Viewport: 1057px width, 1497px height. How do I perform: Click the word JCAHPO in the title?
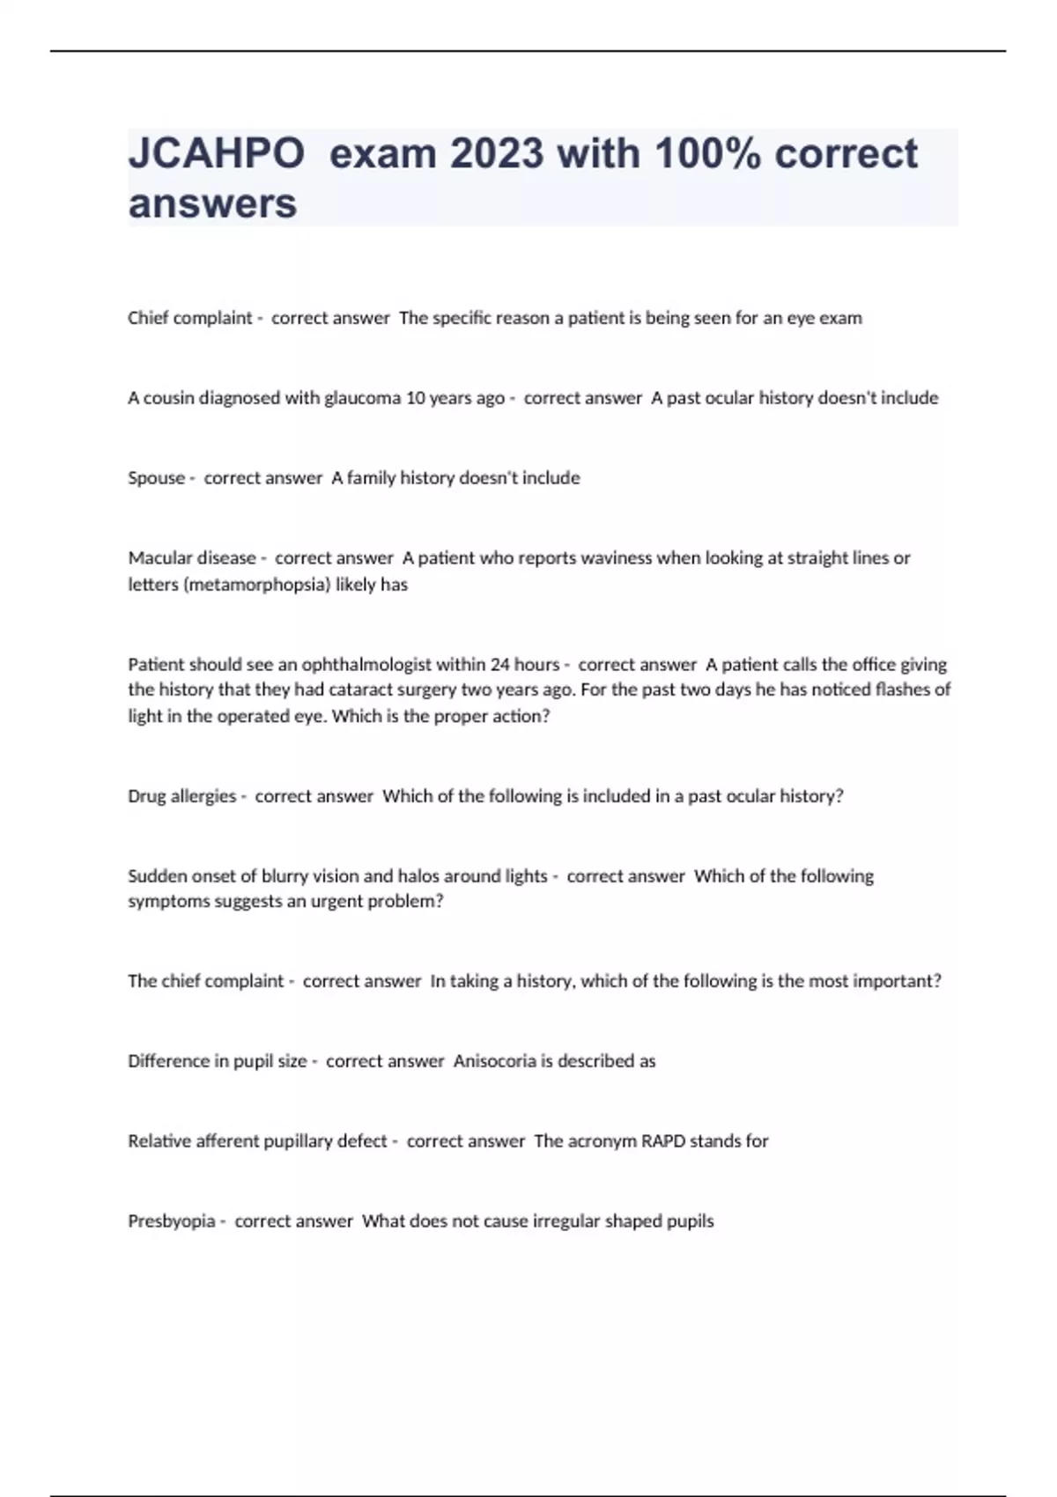(x=217, y=154)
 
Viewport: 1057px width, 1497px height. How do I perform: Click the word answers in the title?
(x=212, y=203)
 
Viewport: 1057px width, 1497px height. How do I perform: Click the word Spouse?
(x=156, y=478)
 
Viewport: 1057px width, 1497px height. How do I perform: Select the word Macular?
(x=159, y=558)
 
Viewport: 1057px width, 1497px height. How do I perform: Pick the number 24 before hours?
(x=500, y=665)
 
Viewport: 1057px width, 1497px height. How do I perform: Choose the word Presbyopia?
(x=171, y=1221)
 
